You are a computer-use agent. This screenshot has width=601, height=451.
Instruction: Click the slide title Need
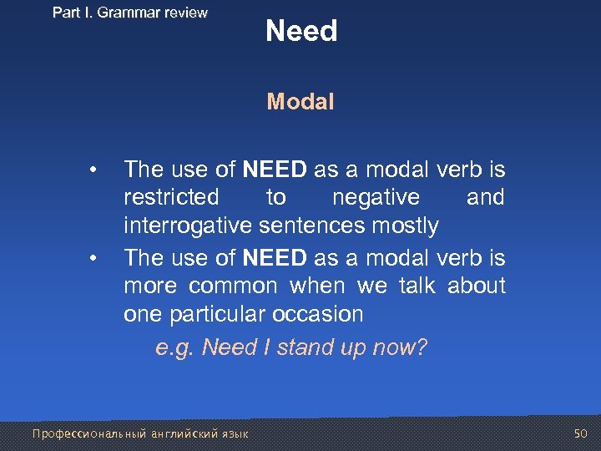[301, 32]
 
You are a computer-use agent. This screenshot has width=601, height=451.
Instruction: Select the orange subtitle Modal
[300, 102]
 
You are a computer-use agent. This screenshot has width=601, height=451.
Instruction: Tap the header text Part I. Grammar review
[129, 13]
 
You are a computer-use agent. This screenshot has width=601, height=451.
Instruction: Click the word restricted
[171, 198]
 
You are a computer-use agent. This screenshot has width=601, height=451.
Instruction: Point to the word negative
[376, 198]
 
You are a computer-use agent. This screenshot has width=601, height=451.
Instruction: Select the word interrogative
[188, 226]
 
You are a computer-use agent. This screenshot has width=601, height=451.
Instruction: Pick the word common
[233, 286]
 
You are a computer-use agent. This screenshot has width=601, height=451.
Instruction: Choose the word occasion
[321, 315]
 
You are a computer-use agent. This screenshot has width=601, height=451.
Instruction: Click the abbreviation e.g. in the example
[175, 347]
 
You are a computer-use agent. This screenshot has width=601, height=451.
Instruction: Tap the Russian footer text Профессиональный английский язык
[139, 433]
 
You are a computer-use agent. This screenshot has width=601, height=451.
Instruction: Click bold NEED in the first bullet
[275, 170]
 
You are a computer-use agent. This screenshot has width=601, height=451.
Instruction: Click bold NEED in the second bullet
[275, 257]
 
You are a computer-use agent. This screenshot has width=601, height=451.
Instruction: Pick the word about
[477, 286]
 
